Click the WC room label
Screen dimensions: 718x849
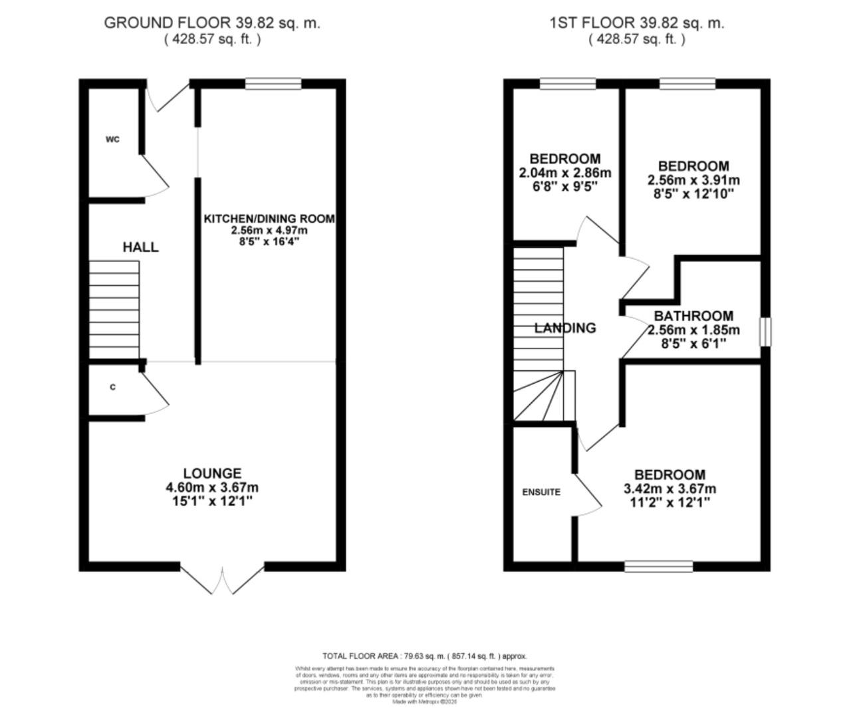pos(112,140)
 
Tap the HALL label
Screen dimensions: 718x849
pos(140,247)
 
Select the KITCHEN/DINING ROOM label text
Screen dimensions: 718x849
pos(269,219)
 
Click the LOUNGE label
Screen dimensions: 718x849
pos(212,473)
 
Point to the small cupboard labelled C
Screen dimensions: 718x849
pos(112,387)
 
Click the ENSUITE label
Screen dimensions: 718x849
pos(541,492)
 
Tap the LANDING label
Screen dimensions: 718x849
pos(565,328)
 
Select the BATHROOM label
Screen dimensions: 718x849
pos(693,316)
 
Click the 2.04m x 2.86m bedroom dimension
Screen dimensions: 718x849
pos(564,173)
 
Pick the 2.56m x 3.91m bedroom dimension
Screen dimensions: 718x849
pos(693,180)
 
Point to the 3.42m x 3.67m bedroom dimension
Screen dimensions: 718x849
pos(669,489)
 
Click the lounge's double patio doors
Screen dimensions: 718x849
pos(223,579)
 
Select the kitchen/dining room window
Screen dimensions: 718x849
pos(273,84)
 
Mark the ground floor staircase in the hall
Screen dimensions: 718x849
pos(114,309)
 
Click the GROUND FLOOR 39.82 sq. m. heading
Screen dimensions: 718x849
pos(212,23)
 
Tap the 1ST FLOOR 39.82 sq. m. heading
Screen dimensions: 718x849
pos(636,23)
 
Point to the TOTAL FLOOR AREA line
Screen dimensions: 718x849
pos(424,656)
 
